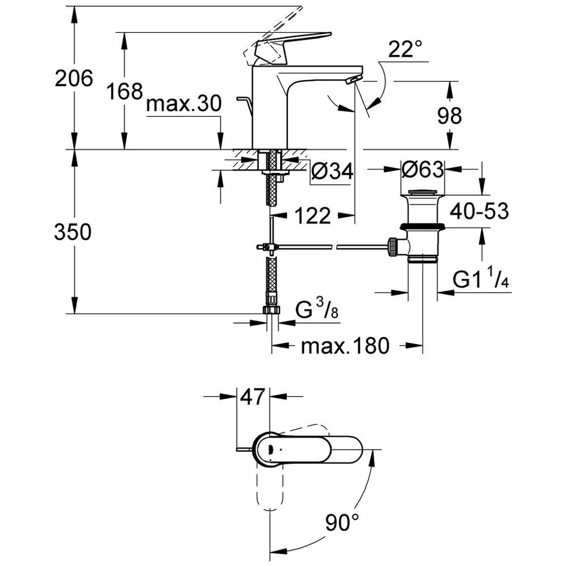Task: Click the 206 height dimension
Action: coord(74,78)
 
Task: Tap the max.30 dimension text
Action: coord(183,104)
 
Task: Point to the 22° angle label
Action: coord(405,50)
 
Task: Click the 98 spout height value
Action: coord(450,116)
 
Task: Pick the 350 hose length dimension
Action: coord(73,232)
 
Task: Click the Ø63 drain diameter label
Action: coord(422,169)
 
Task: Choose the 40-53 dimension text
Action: coord(479,211)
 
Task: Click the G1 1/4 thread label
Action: coord(480,279)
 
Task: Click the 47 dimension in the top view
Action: coord(252,397)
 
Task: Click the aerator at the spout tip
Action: coord(352,80)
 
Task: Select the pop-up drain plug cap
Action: coord(422,194)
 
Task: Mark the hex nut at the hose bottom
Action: coord(272,310)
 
